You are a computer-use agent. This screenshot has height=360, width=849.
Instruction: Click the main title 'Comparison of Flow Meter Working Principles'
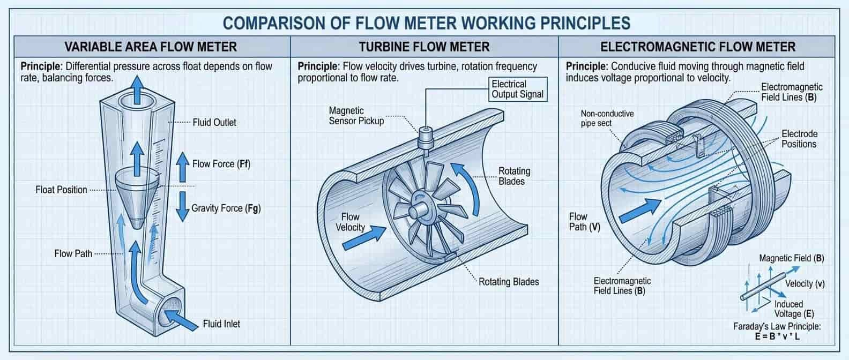[x=426, y=22]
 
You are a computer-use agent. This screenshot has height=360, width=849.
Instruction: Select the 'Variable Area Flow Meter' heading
[x=151, y=47]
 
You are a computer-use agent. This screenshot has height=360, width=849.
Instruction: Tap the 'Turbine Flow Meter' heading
[x=424, y=47]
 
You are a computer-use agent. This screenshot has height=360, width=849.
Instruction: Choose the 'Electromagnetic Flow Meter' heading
[x=698, y=47]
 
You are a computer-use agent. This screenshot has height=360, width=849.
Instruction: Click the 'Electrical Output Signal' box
[x=517, y=89]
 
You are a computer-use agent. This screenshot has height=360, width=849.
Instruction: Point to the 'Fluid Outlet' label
[x=214, y=122]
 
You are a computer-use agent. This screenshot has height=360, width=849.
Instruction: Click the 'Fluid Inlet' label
[x=221, y=324]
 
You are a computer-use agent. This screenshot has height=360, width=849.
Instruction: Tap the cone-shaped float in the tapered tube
[x=137, y=193]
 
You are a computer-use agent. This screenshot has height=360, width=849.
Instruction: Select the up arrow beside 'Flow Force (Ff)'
[x=183, y=163]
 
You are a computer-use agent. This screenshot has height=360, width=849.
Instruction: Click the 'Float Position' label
[x=61, y=190]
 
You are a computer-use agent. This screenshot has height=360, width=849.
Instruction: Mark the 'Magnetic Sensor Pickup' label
[x=356, y=116]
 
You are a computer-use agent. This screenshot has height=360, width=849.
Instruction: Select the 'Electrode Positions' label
[x=799, y=139]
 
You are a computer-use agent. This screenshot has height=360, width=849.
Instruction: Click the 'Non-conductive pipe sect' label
[x=607, y=118]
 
